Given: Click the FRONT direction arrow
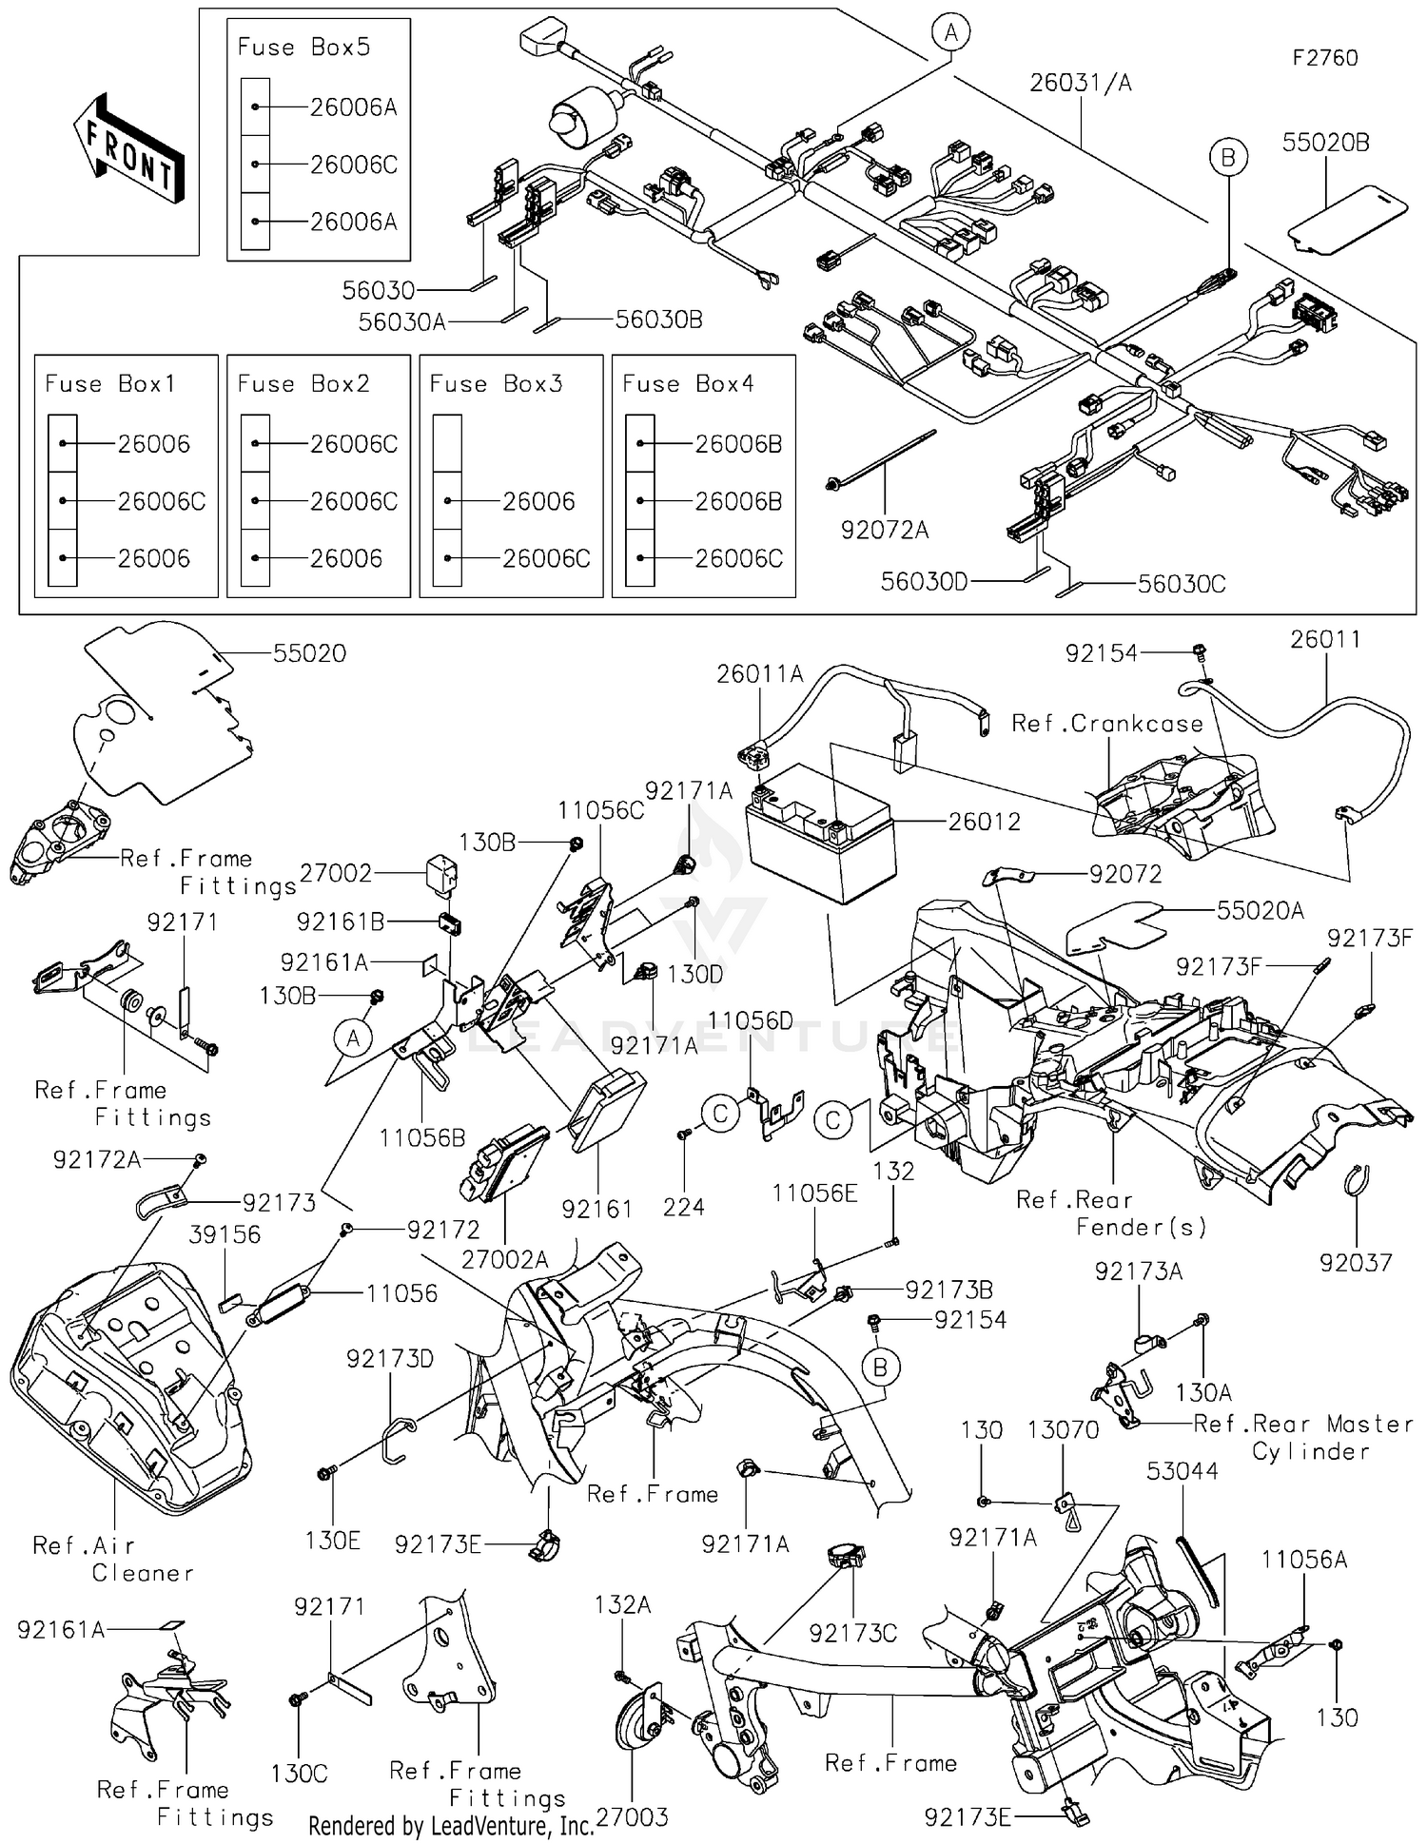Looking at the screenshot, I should pyautogui.click(x=129, y=148).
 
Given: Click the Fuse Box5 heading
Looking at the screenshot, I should pyautogui.click(x=303, y=48).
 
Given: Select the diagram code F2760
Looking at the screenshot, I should pyautogui.click(x=1324, y=58).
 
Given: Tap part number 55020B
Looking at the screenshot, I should pyautogui.click(x=1325, y=143).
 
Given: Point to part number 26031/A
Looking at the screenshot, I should pyautogui.click(x=1081, y=84).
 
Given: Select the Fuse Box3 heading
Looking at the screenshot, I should pyautogui.click(x=496, y=384).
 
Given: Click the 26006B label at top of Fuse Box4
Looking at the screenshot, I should pyautogui.click(x=738, y=444).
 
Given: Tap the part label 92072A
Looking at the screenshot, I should pyautogui.click(x=884, y=531).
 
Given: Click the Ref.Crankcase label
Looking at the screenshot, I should pyautogui.click(x=1106, y=724).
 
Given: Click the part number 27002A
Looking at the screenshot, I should pyautogui.click(x=504, y=1260).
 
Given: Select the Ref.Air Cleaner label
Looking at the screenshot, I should pyautogui.click(x=112, y=1559).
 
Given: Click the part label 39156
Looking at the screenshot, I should pyautogui.click(x=225, y=1234).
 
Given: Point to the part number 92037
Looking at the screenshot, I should pyautogui.click(x=1355, y=1263).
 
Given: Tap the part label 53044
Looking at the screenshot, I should pyautogui.click(x=1182, y=1471).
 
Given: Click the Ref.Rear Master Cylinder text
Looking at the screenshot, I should pyautogui.click(x=1303, y=1437).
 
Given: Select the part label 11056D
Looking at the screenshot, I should pyautogui.click(x=750, y=1020).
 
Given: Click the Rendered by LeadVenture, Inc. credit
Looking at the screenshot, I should pyautogui.click(x=450, y=1825).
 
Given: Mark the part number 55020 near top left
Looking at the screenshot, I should pyautogui.click(x=309, y=653).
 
